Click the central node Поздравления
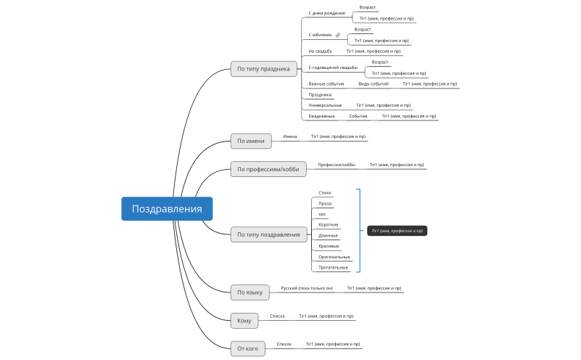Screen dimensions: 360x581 click(167, 209)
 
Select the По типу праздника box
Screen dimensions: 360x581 click(263, 69)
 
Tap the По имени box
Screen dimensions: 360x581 click(250, 141)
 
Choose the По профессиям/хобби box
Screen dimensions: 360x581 click(268, 169)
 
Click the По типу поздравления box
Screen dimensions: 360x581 click(268, 234)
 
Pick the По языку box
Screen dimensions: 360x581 click(250, 292)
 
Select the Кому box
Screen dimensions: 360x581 click(244, 320)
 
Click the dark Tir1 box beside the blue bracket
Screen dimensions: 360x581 click(397, 231)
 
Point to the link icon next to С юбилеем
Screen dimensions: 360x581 click(338, 35)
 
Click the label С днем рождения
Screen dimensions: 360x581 click(326, 13)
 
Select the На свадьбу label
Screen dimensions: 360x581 click(320, 52)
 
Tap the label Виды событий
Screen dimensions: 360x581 click(373, 83)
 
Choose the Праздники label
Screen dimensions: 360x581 click(320, 94)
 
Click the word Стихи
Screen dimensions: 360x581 click(324, 193)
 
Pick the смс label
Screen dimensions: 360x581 click(322, 214)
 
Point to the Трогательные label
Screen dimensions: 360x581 click(333, 268)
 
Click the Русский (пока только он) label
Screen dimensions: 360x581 click(306, 288)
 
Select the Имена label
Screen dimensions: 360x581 click(290, 136)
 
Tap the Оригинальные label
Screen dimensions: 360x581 click(334, 257)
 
